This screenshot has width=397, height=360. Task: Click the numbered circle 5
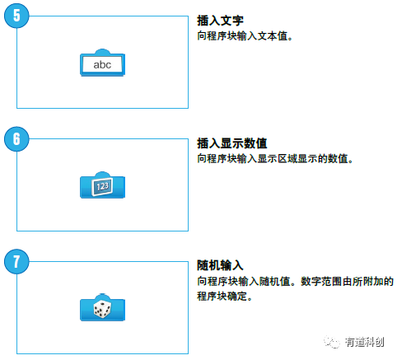pyautogui.click(x=16, y=16)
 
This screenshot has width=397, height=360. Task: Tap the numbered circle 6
pyautogui.click(x=16, y=138)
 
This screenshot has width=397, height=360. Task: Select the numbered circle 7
pyautogui.click(x=16, y=261)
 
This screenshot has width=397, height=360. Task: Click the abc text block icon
pyautogui.click(x=102, y=63)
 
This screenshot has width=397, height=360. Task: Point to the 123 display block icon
pyautogui.click(x=102, y=185)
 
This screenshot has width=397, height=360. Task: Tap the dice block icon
pyautogui.click(x=102, y=307)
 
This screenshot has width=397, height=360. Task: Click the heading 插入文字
pyautogui.click(x=220, y=21)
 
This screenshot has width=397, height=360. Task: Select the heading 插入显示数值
pyautogui.click(x=232, y=143)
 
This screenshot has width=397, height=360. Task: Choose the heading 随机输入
pyautogui.click(x=220, y=265)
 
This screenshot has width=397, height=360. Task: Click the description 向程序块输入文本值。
pyautogui.click(x=245, y=36)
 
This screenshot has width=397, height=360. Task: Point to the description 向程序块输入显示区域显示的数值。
pyautogui.click(x=275, y=159)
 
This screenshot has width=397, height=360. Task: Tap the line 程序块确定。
pyautogui.click(x=225, y=297)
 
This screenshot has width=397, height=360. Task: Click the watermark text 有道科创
pyautogui.click(x=364, y=342)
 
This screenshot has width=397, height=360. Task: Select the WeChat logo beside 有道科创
pyautogui.click(x=332, y=342)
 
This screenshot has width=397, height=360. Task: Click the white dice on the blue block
pyautogui.click(x=102, y=309)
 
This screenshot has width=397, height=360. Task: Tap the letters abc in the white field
pyautogui.click(x=102, y=65)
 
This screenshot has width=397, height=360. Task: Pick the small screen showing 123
pyautogui.click(x=102, y=187)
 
